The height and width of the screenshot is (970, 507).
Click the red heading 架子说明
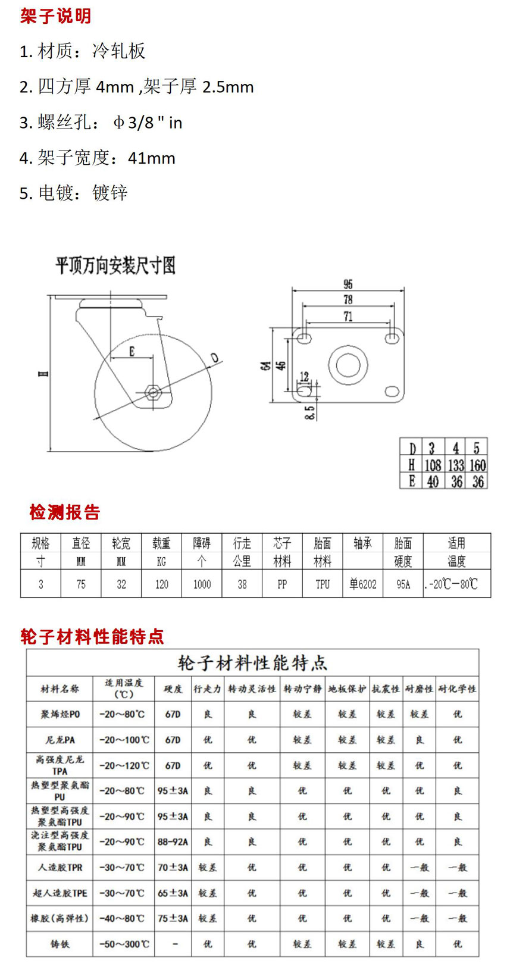(55, 16)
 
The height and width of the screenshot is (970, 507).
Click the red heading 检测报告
(65, 512)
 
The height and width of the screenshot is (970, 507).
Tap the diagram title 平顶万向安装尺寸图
(115, 265)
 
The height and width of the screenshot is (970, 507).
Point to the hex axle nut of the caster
(152, 392)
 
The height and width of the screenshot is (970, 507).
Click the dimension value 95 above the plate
(348, 284)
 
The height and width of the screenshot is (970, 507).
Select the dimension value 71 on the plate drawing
(348, 317)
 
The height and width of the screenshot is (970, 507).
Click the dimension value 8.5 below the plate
(309, 412)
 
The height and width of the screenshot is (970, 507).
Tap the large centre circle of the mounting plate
(348, 364)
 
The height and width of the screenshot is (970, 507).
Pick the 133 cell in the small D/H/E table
(456, 465)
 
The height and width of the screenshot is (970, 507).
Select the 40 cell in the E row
(433, 481)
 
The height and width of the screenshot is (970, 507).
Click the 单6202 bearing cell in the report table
(363, 584)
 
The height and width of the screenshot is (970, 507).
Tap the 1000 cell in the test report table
(202, 584)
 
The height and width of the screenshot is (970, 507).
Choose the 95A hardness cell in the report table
(403, 584)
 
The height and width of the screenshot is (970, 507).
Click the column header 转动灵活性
(252, 689)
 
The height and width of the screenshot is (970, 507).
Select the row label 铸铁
(60, 944)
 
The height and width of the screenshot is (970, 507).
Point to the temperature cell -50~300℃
(124, 944)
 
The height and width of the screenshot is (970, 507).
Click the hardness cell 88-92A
(173, 841)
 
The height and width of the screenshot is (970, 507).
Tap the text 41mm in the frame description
(152, 158)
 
